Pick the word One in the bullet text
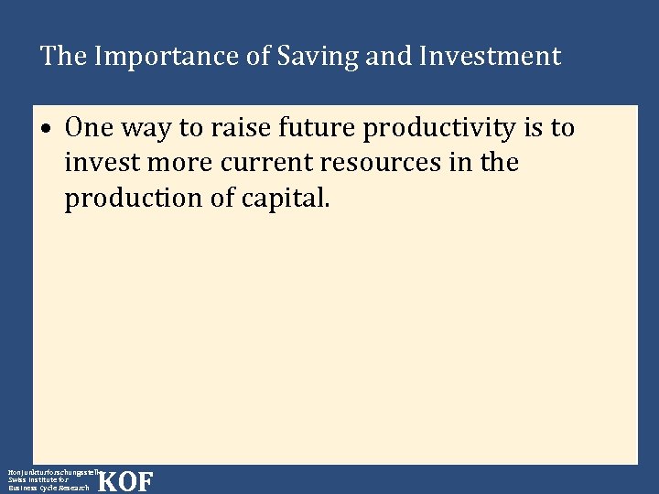point(88,128)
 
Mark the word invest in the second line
point(99,163)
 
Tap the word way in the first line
point(143,128)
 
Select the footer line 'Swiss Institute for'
point(38,479)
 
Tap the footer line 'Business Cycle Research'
point(49,489)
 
